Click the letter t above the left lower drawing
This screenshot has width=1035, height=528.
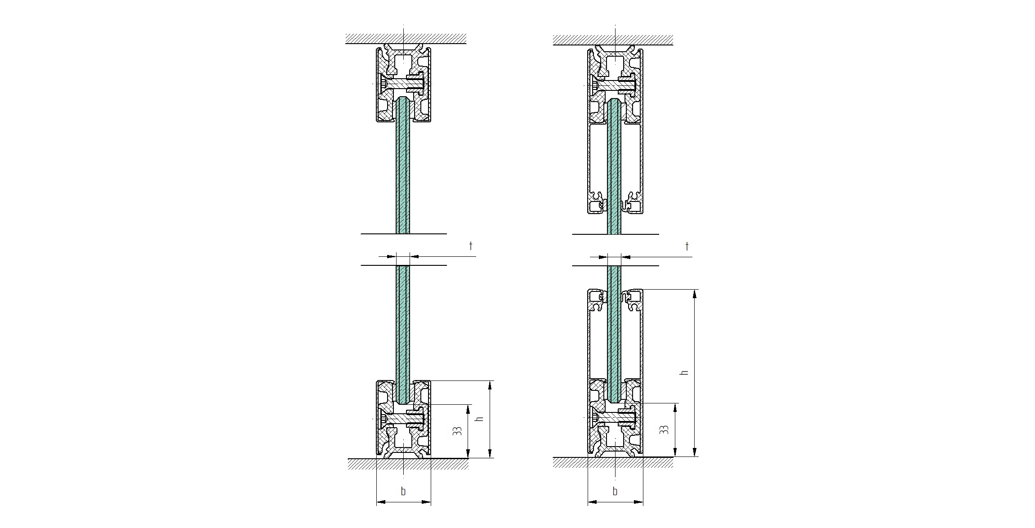[x=471, y=246]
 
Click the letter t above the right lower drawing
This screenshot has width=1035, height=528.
[x=687, y=246]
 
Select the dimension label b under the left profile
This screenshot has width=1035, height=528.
[x=403, y=491]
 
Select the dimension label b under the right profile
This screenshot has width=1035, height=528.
[x=615, y=491]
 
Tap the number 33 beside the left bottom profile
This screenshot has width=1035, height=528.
[x=458, y=431]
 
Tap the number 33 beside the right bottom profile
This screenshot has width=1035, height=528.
[x=665, y=430]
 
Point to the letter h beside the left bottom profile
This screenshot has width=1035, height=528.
[x=480, y=418]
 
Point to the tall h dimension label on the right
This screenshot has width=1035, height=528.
[x=685, y=372]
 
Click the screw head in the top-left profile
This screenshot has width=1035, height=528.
[x=383, y=84]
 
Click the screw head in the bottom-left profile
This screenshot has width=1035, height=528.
[x=383, y=419]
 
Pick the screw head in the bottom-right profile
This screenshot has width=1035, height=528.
[x=595, y=418]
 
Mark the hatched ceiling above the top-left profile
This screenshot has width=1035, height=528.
[x=406, y=39]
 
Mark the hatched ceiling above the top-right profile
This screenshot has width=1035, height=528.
[x=613, y=40]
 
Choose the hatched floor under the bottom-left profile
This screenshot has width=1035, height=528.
[x=408, y=464]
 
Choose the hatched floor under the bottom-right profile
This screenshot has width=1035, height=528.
[x=613, y=463]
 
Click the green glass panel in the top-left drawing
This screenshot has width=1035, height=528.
[x=403, y=166]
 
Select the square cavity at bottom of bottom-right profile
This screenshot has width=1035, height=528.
[x=615, y=440]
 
